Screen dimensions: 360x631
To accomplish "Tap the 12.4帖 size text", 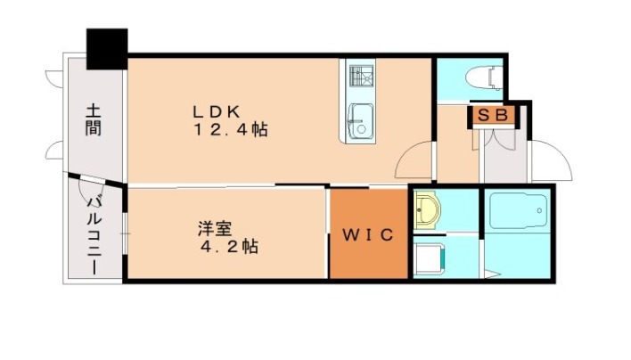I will coord(231,130).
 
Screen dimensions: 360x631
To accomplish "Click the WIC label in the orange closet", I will coord(368,236).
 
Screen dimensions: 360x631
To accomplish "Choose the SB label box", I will coord(491,115).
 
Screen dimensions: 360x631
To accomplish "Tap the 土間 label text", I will coord(94,120).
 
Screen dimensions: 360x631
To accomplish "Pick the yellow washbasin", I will coord(428,210).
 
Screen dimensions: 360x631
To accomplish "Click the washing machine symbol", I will coord(430,258).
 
